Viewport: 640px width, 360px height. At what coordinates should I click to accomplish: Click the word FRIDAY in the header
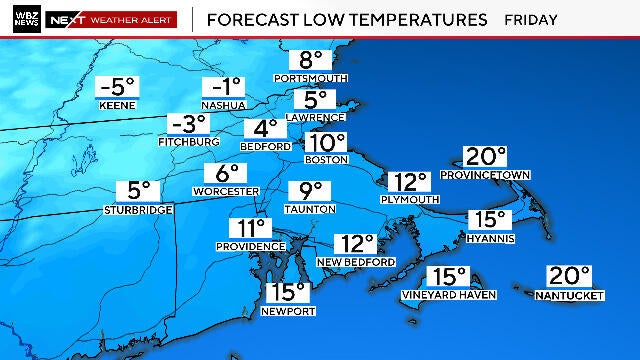point(532,19)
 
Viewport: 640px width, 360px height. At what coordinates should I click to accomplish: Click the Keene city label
point(117,105)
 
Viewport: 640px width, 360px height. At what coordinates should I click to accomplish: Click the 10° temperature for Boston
point(326,143)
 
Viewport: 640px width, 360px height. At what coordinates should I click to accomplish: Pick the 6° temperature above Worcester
point(226,173)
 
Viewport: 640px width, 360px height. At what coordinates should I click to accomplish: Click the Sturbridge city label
point(139,210)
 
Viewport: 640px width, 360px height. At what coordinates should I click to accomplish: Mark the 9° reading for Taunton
point(308,190)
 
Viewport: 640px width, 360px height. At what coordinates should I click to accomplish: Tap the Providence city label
point(247,246)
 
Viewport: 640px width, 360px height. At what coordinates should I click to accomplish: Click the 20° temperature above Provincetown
point(487,157)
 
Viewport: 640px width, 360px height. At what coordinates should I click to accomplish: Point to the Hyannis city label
point(491,238)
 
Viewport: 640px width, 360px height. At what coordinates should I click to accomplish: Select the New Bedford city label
point(355,262)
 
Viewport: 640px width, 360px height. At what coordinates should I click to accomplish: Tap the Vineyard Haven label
point(450,296)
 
